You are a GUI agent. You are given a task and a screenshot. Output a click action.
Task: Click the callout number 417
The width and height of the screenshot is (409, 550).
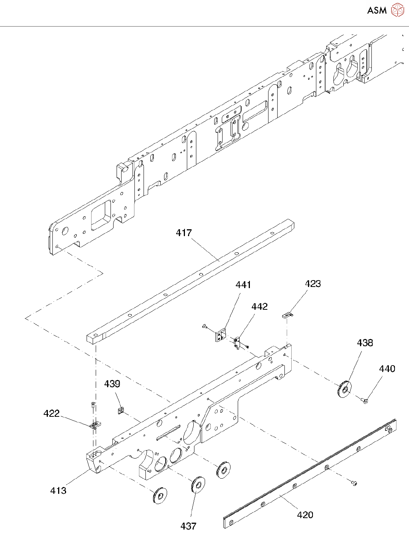coord(184,233)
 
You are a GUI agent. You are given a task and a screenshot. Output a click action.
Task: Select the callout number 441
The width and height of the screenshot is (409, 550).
coord(243,285)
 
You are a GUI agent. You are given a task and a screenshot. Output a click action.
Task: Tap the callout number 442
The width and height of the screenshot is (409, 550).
coord(259,306)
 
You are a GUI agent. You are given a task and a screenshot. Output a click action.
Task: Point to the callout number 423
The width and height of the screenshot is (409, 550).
coord(313,284)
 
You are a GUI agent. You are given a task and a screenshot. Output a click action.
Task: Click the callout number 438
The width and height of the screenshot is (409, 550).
coord(365,343)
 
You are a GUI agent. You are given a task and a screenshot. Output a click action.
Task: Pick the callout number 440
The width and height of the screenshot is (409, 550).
coord(387,369)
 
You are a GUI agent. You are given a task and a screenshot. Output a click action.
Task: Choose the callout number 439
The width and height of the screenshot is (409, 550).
coord(112,384)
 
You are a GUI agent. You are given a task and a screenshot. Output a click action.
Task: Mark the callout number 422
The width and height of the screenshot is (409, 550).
coord(51,413)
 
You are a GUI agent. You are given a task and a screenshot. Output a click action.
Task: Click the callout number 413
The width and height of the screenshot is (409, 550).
coord(58,490)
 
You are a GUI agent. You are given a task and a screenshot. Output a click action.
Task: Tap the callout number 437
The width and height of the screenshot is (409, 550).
coord(188,526)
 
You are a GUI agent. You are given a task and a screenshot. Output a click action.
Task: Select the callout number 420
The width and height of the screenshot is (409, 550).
coord(305,515)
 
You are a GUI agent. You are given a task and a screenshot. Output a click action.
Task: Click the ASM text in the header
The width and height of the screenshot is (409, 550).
coord(377,10)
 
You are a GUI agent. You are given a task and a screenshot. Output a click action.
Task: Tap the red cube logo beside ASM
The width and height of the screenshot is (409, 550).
coord(397,10)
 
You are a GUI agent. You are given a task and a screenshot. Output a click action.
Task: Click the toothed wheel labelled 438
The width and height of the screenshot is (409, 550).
coord(344,389)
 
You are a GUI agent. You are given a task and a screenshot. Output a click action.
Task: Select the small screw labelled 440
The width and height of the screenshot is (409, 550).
coord(365,400)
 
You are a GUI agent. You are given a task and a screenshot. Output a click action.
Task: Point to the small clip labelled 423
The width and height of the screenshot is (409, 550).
coord(288,315)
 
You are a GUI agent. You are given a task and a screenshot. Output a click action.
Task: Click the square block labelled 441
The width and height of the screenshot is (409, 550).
coord(220,336)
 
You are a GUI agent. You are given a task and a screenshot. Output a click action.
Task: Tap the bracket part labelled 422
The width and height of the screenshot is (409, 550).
coord(95,425)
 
